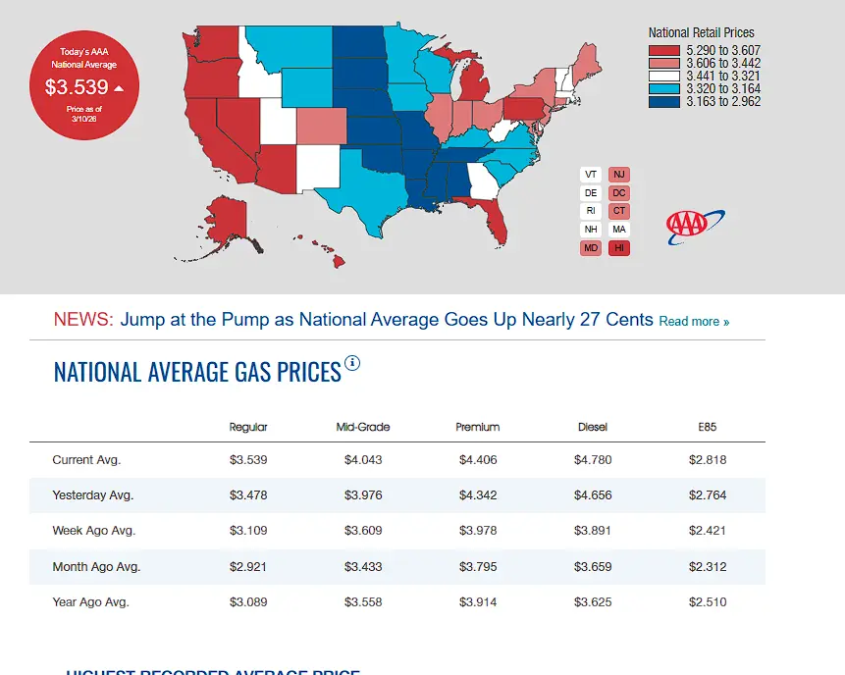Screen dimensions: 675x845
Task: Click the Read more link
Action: click(x=694, y=321)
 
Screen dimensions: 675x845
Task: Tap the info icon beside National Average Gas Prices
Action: click(x=352, y=363)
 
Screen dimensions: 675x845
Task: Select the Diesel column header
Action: click(x=592, y=427)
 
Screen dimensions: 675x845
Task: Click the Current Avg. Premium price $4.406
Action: click(x=477, y=459)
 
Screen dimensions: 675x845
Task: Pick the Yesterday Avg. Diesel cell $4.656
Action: click(x=592, y=494)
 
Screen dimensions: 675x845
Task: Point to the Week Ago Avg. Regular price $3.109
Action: click(x=247, y=530)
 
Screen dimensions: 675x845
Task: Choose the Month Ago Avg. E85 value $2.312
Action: click(x=707, y=566)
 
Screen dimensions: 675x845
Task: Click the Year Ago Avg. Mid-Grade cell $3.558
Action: click(x=362, y=601)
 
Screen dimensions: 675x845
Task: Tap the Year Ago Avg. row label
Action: click(x=90, y=601)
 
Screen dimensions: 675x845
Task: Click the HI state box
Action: click(x=619, y=247)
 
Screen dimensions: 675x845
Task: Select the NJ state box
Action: click(x=619, y=175)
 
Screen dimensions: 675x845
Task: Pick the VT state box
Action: click(x=591, y=175)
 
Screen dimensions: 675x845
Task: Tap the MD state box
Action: click(x=591, y=247)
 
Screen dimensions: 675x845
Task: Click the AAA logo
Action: click(x=695, y=227)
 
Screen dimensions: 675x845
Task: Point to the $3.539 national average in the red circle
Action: click(x=77, y=87)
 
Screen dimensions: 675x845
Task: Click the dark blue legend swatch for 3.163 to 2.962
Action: click(x=664, y=101)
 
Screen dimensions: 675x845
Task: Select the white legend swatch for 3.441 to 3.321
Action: click(x=664, y=76)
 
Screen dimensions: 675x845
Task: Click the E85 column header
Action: click(x=707, y=427)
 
